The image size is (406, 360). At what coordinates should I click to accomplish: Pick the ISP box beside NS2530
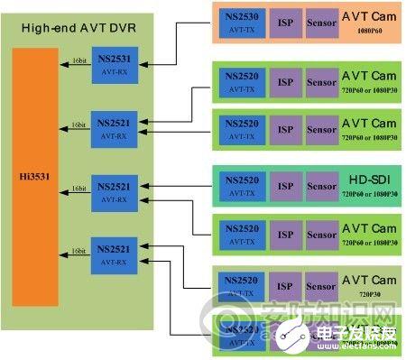point(286,22)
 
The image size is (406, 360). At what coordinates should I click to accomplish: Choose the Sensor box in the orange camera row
point(322,22)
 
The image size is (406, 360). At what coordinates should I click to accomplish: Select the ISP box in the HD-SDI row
point(286,185)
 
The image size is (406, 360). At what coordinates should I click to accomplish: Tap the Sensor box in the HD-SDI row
point(322,185)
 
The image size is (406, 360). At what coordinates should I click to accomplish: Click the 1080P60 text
point(369,31)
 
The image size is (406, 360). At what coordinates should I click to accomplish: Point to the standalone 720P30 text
point(369,295)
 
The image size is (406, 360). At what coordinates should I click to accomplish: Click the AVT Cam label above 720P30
point(369,281)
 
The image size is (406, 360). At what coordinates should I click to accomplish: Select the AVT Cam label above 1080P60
point(369,16)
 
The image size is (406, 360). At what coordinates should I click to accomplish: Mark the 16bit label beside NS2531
point(79,61)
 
